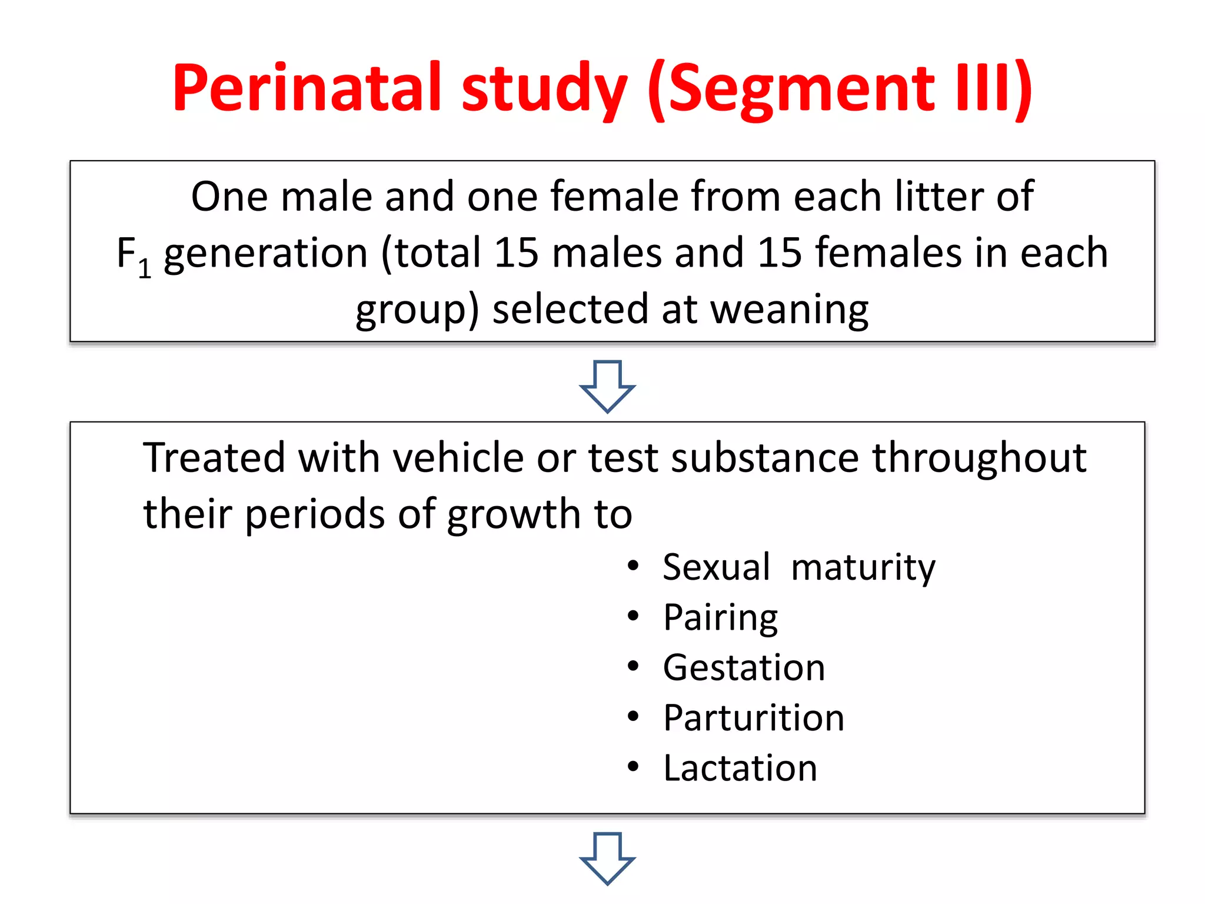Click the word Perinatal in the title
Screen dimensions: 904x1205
coord(307,88)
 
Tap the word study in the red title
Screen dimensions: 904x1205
coord(545,88)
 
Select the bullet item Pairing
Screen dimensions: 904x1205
coord(720,618)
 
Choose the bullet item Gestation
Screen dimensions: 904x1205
coord(744,668)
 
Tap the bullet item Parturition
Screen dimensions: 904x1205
coord(754,718)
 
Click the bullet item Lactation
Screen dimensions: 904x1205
coord(740,768)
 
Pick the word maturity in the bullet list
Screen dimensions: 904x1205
coord(863,567)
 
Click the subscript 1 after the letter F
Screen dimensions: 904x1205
coord(145,269)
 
